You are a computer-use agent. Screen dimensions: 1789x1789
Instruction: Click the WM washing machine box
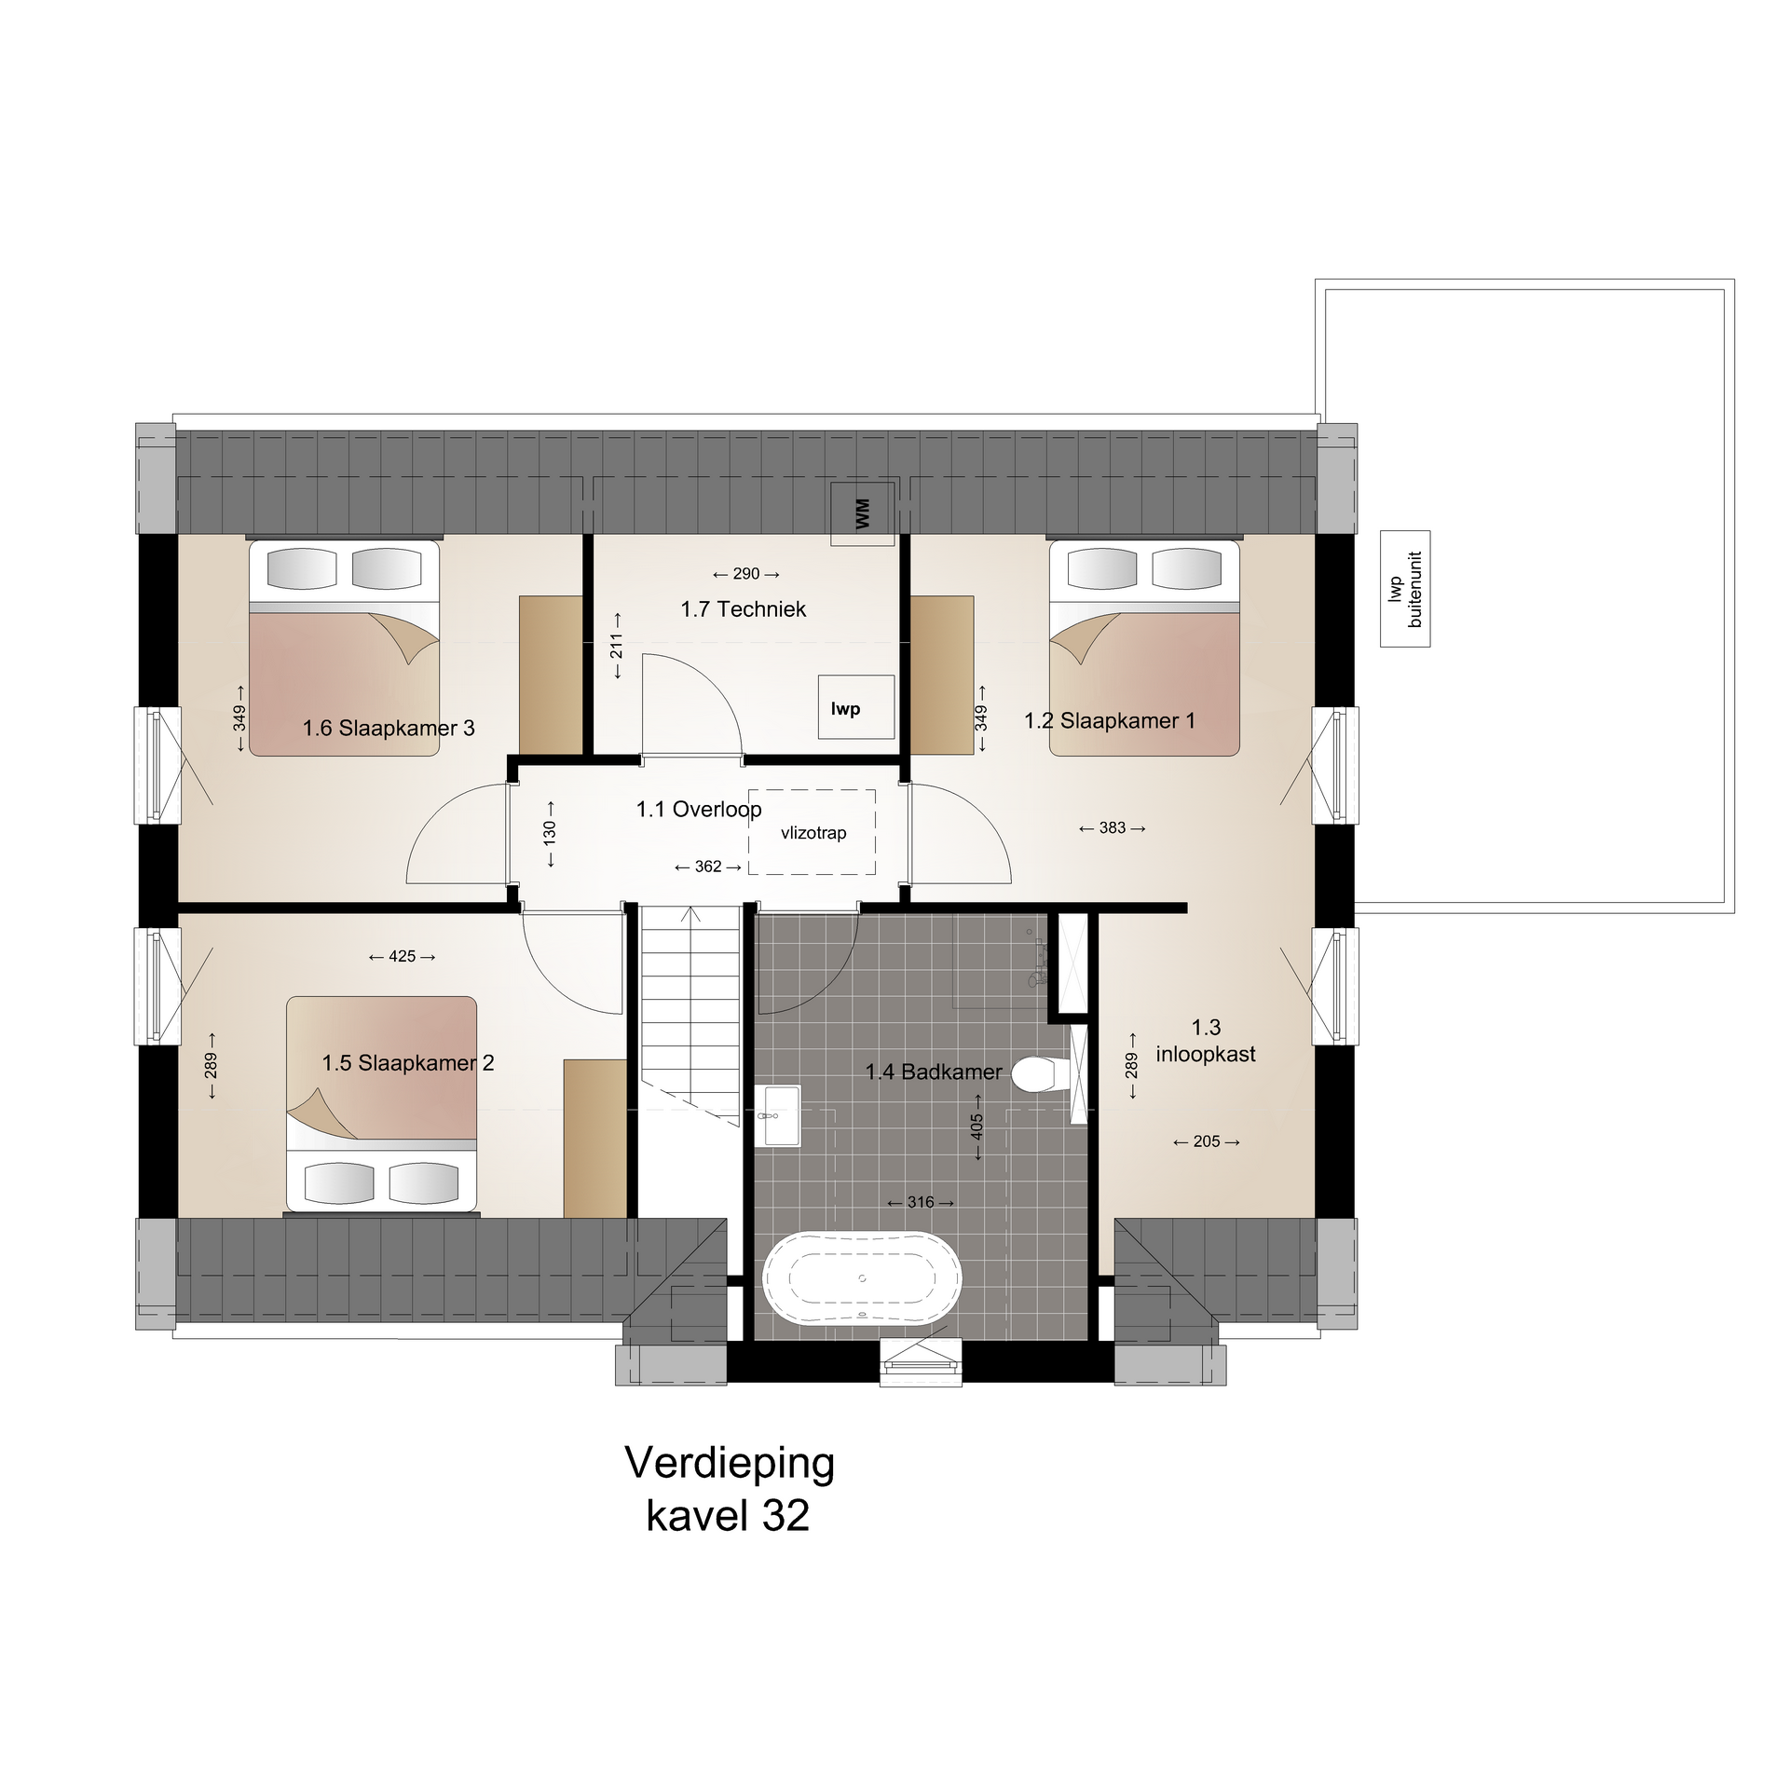click(863, 513)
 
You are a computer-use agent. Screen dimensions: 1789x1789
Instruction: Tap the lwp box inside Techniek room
click(856, 707)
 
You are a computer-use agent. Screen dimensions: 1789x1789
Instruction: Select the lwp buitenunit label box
click(1405, 589)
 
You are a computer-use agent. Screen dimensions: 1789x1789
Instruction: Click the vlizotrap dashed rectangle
click(812, 832)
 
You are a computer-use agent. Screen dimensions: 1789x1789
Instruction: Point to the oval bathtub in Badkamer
click(862, 1278)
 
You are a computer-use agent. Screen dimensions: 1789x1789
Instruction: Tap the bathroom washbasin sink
click(777, 1115)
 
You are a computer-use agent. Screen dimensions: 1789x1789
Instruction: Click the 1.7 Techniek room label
click(744, 609)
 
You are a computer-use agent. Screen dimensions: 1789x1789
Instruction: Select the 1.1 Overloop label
click(699, 809)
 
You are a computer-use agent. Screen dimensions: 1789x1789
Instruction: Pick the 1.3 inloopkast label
click(1206, 1041)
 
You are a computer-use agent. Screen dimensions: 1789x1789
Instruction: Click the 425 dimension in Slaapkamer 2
click(403, 956)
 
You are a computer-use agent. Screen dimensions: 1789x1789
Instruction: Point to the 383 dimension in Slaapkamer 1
click(1113, 827)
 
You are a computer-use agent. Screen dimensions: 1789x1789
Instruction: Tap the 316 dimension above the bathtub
click(921, 1202)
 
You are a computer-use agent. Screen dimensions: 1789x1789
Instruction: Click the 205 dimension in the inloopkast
click(1207, 1141)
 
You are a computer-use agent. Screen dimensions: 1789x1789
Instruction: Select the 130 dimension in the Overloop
click(550, 832)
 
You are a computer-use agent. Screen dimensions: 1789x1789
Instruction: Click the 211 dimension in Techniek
click(617, 646)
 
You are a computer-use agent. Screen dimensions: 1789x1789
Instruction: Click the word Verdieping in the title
click(730, 1462)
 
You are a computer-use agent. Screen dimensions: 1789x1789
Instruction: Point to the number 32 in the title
click(785, 1516)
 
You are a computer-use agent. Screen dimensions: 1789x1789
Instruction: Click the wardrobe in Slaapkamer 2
click(594, 1138)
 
